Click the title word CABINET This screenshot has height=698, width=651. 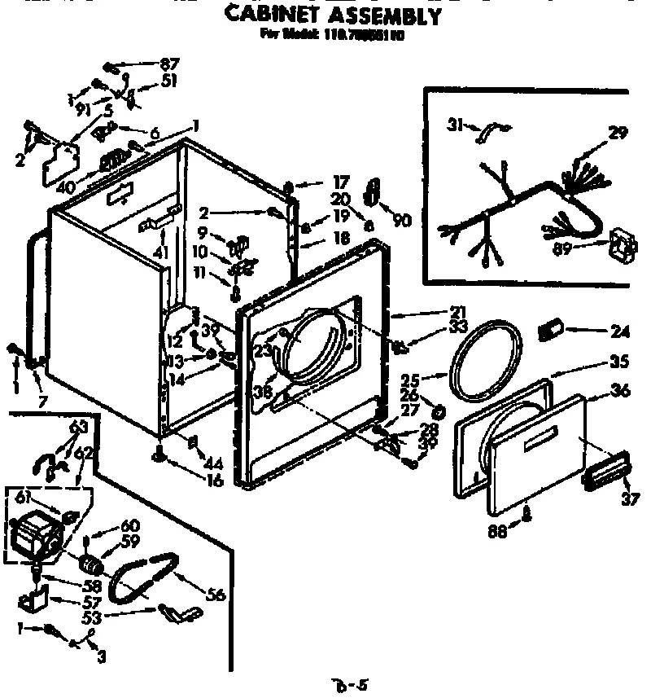[x=275, y=15]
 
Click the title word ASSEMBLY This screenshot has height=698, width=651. [x=386, y=15]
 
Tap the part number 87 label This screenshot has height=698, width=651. [x=169, y=64]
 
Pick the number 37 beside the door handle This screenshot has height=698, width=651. [x=630, y=499]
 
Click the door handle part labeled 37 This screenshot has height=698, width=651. [x=605, y=472]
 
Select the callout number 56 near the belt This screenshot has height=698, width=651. [x=216, y=595]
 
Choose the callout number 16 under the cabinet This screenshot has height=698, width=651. [x=215, y=481]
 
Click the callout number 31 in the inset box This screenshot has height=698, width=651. [x=455, y=124]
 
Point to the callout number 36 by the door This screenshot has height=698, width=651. [x=620, y=391]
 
